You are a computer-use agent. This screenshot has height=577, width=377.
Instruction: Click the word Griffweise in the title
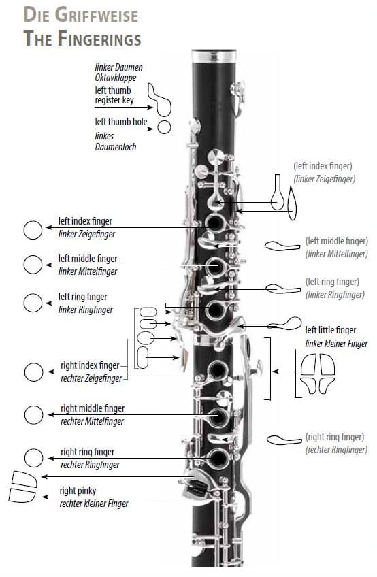tap(97, 15)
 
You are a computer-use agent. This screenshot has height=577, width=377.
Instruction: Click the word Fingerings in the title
tap(99, 38)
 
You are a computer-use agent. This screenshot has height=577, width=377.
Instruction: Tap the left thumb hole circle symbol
tap(164, 127)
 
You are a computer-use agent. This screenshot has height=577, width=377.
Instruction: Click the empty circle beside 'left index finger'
tap(33, 231)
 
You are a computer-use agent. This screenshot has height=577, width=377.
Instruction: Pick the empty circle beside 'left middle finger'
tap(33, 265)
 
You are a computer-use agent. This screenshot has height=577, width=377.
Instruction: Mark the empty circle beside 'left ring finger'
tap(33, 303)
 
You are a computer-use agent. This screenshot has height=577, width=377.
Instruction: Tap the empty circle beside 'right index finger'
tap(33, 372)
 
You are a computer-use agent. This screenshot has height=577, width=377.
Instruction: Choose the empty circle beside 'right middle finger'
tap(33, 415)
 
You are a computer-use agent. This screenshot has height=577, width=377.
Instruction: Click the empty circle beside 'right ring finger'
tap(33, 458)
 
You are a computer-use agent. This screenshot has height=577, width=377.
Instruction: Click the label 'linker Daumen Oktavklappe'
tap(118, 73)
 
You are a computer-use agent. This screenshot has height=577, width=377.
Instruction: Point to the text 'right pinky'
tap(78, 491)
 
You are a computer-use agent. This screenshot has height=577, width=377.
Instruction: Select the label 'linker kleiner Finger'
tap(336, 344)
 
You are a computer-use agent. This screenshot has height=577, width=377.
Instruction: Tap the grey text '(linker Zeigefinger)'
tap(325, 179)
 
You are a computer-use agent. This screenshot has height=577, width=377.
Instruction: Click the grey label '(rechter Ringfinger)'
tap(336, 450)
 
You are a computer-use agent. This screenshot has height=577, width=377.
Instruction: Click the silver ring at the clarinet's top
tap(214, 56)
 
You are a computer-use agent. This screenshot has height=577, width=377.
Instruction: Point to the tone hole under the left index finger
tap(214, 222)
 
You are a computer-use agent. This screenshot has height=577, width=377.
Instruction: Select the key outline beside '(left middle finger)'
tap(283, 246)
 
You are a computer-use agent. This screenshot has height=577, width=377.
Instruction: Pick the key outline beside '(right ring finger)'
tap(284, 440)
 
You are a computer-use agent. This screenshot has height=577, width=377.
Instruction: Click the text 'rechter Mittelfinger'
tap(92, 421)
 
